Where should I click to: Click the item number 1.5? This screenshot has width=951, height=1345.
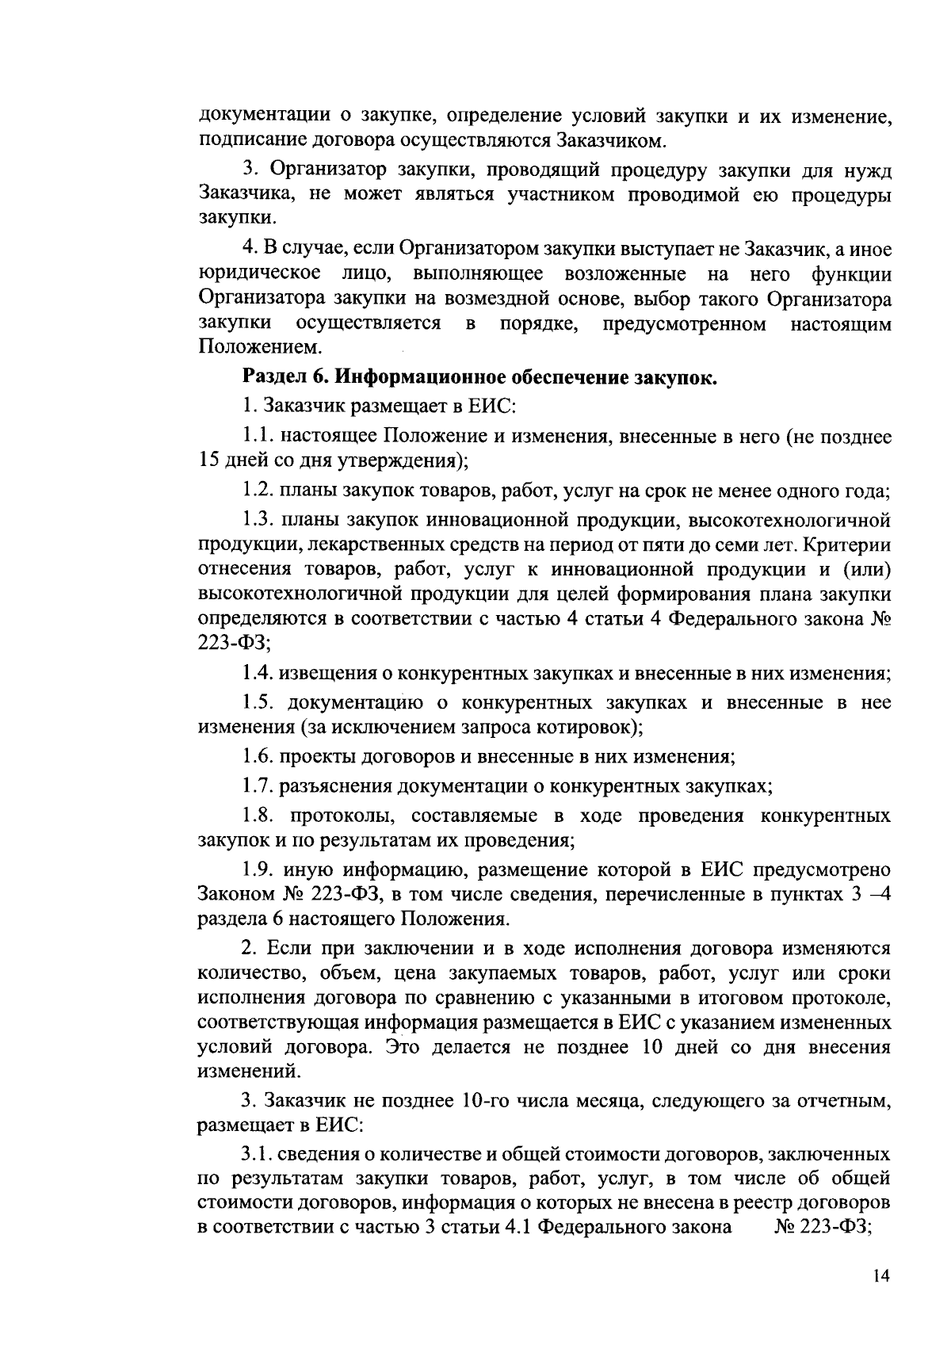pyautogui.click(x=259, y=702)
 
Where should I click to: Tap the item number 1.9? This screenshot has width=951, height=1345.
pyautogui.click(x=259, y=870)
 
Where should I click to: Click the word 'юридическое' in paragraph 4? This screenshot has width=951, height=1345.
pyautogui.click(x=259, y=274)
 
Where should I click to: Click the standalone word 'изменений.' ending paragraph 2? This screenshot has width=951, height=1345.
pyautogui.click(x=249, y=1072)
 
